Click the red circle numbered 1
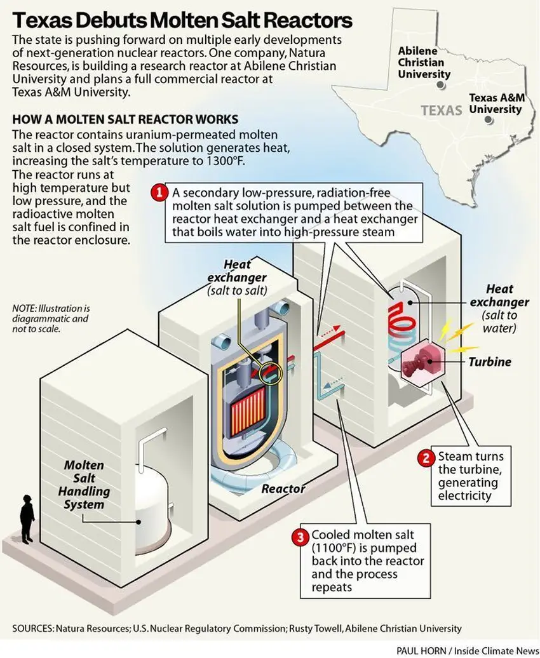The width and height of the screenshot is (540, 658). click(158, 191)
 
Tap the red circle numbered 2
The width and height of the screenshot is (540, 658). click(426, 457)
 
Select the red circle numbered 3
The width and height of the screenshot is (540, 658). click(299, 537)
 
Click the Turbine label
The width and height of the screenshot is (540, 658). click(490, 362)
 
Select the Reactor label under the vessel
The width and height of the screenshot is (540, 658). click(283, 489)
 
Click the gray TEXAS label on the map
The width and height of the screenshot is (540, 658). click(441, 111)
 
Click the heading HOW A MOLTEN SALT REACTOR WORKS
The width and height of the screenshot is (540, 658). click(125, 119)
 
